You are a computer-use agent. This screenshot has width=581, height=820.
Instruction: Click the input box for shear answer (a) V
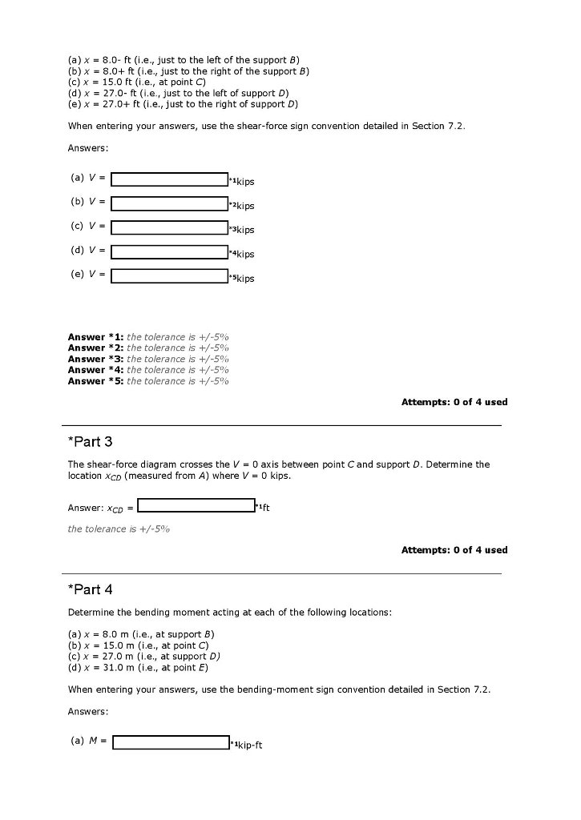tap(169, 179)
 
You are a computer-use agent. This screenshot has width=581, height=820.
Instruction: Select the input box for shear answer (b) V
tap(169, 203)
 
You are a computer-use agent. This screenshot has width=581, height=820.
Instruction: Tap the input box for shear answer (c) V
tap(169, 227)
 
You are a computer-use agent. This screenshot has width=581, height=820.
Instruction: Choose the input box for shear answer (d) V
tap(169, 251)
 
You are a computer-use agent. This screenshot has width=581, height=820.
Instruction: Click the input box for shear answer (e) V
tap(169, 275)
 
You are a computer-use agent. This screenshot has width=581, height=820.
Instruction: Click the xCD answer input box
tap(196, 505)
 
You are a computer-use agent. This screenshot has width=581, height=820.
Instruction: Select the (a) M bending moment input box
tap(171, 742)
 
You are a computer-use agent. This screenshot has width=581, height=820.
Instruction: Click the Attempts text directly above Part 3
tap(454, 402)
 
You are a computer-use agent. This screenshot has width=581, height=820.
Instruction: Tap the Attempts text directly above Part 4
tap(454, 550)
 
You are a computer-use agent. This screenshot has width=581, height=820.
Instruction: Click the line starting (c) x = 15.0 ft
tap(137, 82)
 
